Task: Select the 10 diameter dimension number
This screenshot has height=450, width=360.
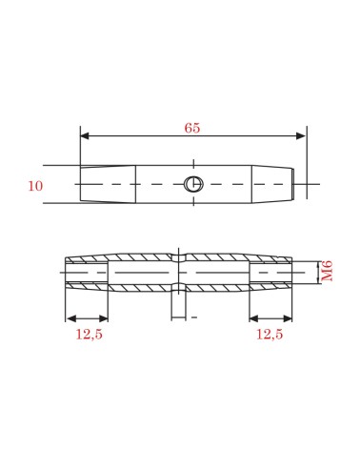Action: coord(36,185)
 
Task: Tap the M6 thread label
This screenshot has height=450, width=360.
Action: coord(328,275)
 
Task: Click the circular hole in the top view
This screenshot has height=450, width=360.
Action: coord(193,184)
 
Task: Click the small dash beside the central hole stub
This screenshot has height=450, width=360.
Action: coord(194,314)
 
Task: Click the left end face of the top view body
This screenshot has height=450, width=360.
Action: coord(80,184)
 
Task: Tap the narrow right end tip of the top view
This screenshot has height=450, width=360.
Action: coord(301,184)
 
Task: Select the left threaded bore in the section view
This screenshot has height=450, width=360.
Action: coord(88,275)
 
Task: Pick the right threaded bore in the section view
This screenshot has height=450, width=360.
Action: coord(271,275)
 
